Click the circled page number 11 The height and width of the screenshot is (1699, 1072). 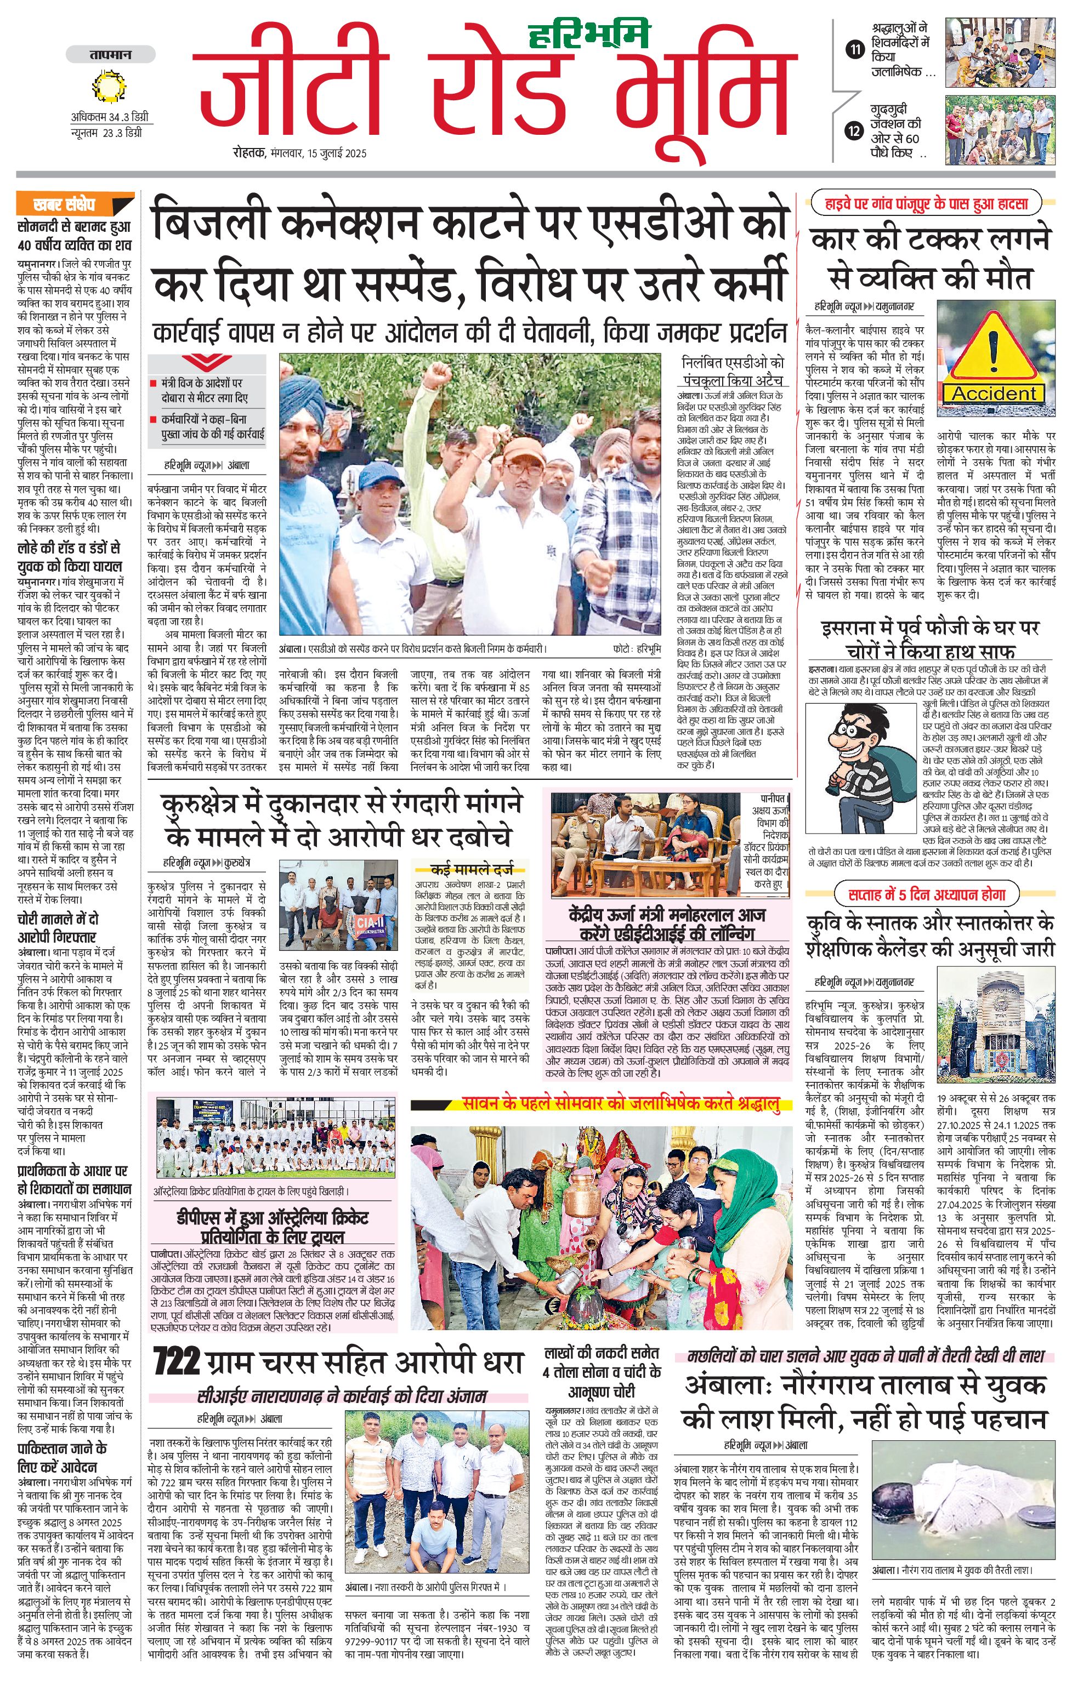click(855, 49)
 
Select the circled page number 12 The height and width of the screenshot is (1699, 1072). click(855, 130)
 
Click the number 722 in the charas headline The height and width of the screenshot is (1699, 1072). click(177, 1361)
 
